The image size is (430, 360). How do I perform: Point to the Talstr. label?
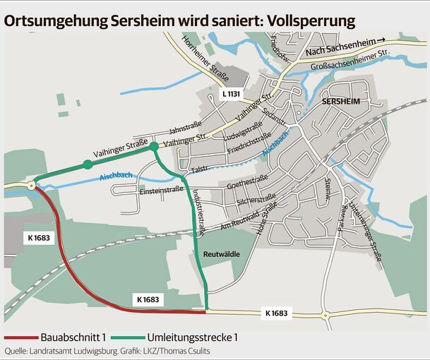(200, 171)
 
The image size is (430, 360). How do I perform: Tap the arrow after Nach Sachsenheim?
(381, 41)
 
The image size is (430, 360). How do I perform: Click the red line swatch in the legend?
(20, 337)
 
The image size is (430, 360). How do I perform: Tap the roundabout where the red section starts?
(32, 186)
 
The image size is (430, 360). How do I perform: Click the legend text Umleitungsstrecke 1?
(192, 337)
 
